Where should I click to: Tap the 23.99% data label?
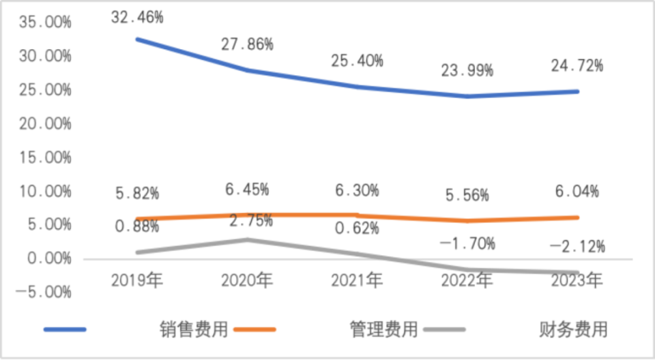(x=467, y=70)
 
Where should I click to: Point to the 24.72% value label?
(x=577, y=66)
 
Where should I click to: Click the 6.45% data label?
(x=247, y=187)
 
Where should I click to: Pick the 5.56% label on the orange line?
(x=467, y=195)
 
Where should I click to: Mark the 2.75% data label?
(x=250, y=221)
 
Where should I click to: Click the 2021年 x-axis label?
(x=357, y=280)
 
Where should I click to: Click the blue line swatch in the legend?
(x=65, y=330)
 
